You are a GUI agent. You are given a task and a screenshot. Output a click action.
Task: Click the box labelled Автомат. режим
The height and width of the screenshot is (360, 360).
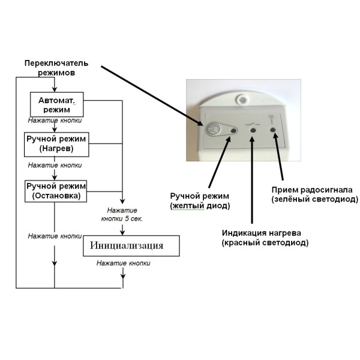(56, 105)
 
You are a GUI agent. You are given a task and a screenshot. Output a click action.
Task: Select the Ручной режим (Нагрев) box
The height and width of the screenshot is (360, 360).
(55, 143)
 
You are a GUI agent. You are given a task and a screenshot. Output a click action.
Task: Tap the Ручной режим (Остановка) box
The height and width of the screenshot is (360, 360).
(56, 190)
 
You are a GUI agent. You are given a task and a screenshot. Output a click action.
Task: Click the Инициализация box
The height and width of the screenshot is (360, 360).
(130, 245)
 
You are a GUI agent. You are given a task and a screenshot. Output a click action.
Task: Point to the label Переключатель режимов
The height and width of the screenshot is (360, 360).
(56, 68)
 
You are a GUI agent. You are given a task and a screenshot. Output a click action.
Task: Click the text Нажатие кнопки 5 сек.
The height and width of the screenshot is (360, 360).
(122, 214)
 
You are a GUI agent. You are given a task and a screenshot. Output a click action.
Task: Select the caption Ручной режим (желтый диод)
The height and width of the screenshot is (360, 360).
(200, 202)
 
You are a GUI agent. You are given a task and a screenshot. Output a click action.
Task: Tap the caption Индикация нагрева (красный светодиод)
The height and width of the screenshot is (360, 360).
(265, 238)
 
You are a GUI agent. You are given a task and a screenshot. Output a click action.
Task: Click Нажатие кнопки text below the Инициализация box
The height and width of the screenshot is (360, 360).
(124, 263)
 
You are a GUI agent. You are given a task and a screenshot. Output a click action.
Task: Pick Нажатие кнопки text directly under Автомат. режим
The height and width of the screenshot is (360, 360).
(55, 120)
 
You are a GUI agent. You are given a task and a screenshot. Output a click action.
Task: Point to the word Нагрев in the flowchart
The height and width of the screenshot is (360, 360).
(55, 148)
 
